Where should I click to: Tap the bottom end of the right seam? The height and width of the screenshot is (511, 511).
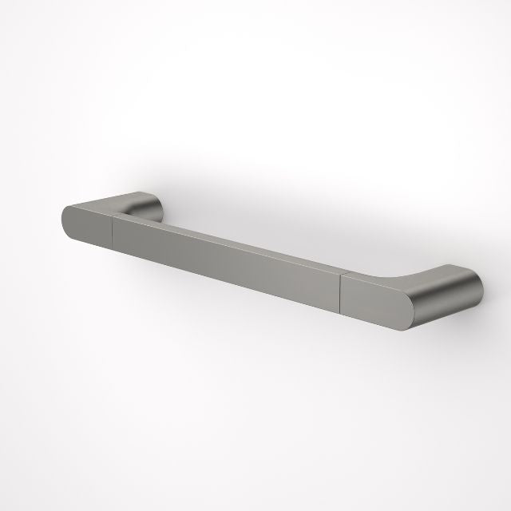coord(341,314)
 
